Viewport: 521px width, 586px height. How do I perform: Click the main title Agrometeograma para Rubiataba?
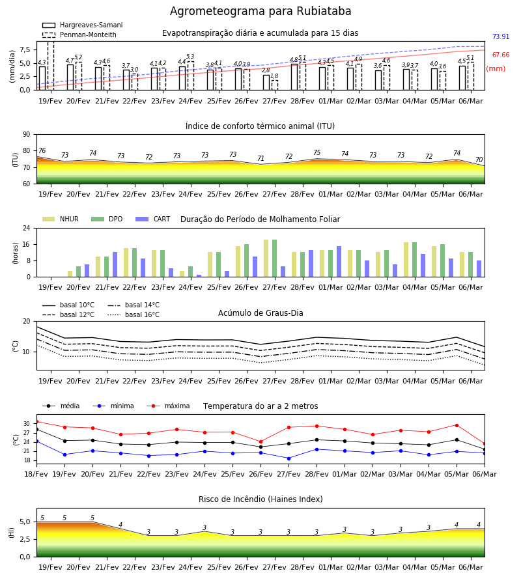(x=260, y=11)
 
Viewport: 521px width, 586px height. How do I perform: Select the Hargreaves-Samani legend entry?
(x=82, y=25)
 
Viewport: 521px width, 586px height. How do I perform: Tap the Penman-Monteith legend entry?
(x=79, y=35)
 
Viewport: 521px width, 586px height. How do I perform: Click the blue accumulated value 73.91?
(x=501, y=36)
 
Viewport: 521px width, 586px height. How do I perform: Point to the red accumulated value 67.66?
(x=501, y=55)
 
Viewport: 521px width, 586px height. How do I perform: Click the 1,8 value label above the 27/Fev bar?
(x=274, y=76)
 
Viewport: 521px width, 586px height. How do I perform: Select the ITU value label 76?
(x=42, y=150)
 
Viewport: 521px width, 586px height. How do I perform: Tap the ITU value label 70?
(x=479, y=160)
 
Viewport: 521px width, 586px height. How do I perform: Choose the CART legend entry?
(x=153, y=219)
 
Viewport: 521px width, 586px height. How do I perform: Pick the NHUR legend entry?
(x=61, y=219)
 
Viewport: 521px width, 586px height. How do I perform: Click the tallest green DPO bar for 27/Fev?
(x=274, y=258)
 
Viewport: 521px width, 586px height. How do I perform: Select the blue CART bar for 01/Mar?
(x=339, y=262)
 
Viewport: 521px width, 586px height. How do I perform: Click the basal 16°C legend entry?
(x=134, y=314)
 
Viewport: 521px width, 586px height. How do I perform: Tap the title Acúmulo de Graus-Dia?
(x=260, y=313)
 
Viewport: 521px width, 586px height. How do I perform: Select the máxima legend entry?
(x=168, y=406)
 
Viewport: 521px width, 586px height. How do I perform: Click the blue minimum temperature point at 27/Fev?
(x=289, y=458)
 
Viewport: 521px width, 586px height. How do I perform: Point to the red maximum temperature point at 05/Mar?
(x=457, y=425)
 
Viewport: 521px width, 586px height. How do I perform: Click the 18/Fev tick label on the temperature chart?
(x=36, y=474)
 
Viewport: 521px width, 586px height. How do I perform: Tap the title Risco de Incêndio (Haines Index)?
(x=260, y=499)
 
